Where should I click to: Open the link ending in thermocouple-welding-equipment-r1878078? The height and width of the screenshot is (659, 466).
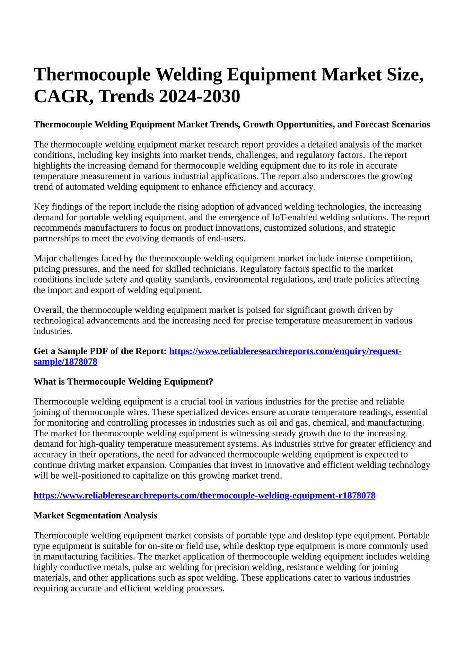pyautogui.click(x=204, y=496)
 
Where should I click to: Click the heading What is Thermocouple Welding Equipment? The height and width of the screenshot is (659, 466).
pyautogui.click(x=123, y=382)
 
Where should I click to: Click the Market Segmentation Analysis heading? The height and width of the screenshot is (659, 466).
pyautogui.click(x=95, y=516)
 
